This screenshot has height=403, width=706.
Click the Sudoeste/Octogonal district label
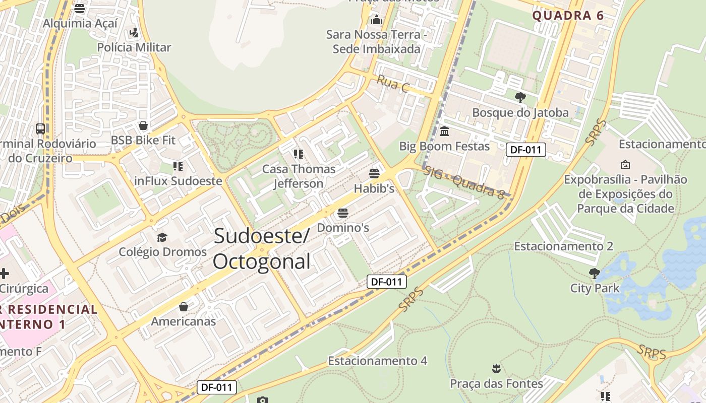tap(261, 249)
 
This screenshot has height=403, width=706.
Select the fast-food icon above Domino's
tap(343, 213)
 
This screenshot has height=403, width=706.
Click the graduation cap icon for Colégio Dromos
tap(162, 237)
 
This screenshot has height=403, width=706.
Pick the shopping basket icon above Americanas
tap(184, 307)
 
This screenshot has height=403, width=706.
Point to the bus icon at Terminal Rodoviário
tap(40, 128)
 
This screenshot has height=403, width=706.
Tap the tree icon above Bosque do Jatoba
tap(520, 97)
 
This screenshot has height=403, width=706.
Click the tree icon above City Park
tap(595, 274)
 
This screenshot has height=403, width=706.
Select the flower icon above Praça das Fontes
tap(497, 369)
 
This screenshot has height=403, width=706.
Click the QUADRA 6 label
tap(568, 16)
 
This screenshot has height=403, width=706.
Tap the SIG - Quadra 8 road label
tap(463, 182)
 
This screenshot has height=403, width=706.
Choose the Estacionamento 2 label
tap(563, 246)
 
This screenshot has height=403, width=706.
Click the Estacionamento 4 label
tap(377, 361)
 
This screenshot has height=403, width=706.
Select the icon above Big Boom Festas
tap(444, 131)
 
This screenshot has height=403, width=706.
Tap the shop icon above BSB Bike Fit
tap(143, 125)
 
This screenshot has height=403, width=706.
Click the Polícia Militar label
tap(134, 47)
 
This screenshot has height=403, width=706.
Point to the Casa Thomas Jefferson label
tap(299, 176)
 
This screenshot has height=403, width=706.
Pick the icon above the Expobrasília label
tap(625, 165)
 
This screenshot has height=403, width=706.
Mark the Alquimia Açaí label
tap(80, 23)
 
